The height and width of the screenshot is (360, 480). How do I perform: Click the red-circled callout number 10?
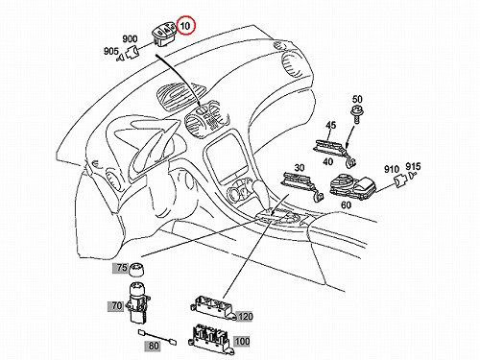(x=185, y=26)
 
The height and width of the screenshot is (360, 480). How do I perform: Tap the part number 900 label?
(x=130, y=39)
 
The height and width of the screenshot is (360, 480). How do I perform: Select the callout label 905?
(x=111, y=51)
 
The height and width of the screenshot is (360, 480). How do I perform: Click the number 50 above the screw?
(x=357, y=99)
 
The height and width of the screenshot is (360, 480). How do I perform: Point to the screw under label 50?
(x=357, y=114)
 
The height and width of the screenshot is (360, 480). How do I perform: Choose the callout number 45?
(x=331, y=125)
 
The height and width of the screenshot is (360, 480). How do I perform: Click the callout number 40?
(x=328, y=162)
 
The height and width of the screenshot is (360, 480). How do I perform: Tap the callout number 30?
(x=300, y=167)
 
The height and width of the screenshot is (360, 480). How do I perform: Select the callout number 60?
(x=346, y=204)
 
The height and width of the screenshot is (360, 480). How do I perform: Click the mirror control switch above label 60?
(x=353, y=185)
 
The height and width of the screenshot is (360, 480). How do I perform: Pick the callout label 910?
(x=392, y=169)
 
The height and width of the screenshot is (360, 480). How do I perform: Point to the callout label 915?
(x=413, y=167)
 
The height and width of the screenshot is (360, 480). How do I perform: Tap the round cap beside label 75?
(x=136, y=270)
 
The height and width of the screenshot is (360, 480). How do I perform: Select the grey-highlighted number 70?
(x=116, y=306)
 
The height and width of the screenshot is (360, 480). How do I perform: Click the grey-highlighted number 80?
(x=154, y=346)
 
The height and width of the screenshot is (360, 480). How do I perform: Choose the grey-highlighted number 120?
(x=245, y=317)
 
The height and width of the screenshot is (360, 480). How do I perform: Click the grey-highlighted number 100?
(x=242, y=342)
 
